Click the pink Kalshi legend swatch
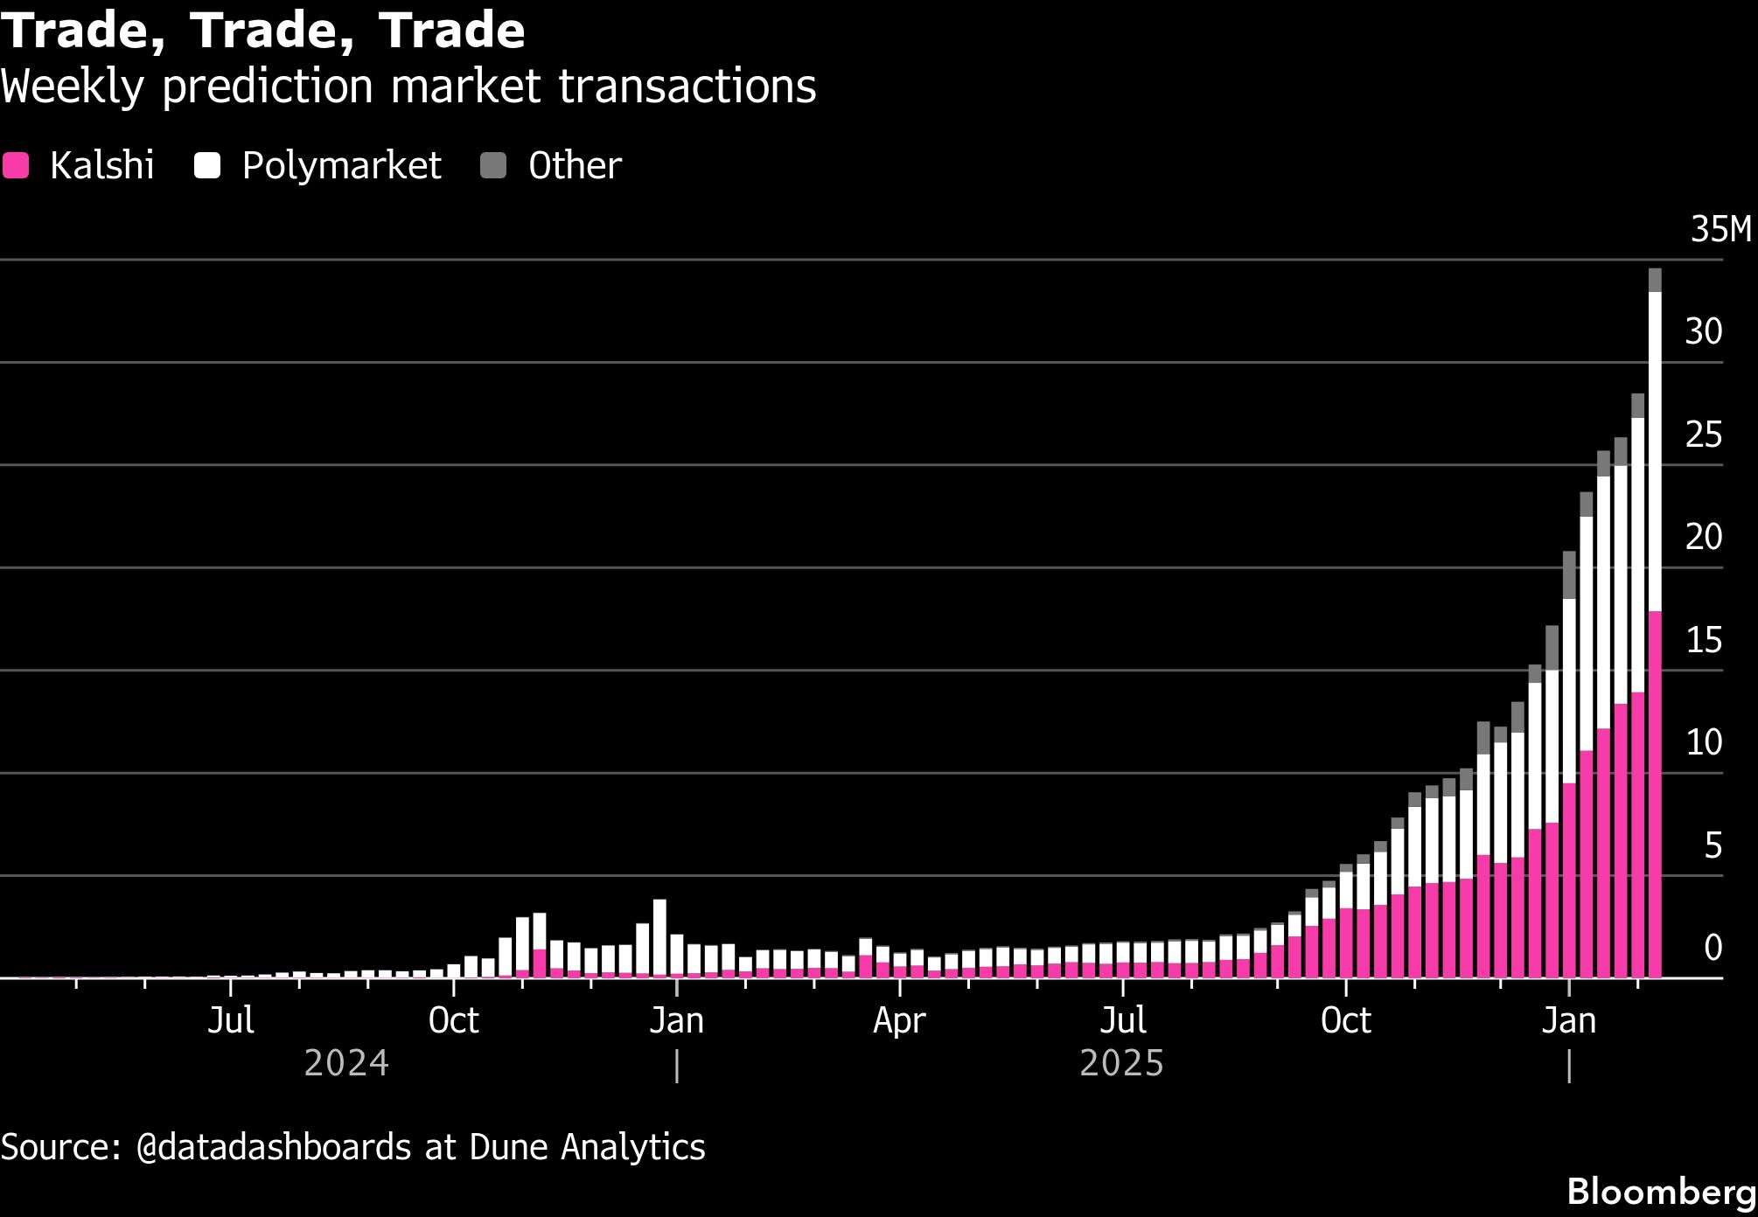tap(15, 165)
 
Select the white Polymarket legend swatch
tap(207, 165)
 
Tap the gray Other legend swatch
tap(494, 165)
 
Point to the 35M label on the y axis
tap(1720, 230)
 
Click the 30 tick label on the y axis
tap(1703, 332)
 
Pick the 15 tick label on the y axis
tap(1703, 641)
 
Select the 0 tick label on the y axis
tap(1713, 948)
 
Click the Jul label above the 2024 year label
tap(231, 1020)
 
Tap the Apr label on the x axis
tap(899, 1020)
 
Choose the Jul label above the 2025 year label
tap(1123, 1020)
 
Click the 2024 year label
tap(346, 1064)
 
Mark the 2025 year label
tap(1122, 1064)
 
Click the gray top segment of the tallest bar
tap(1655, 280)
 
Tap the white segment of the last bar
tap(1655, 451)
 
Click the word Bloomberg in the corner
tap(1661, 1192)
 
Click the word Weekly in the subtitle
tap(72, 87)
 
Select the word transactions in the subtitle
tap(687, 87)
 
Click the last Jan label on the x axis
tap(1569, 1020)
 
